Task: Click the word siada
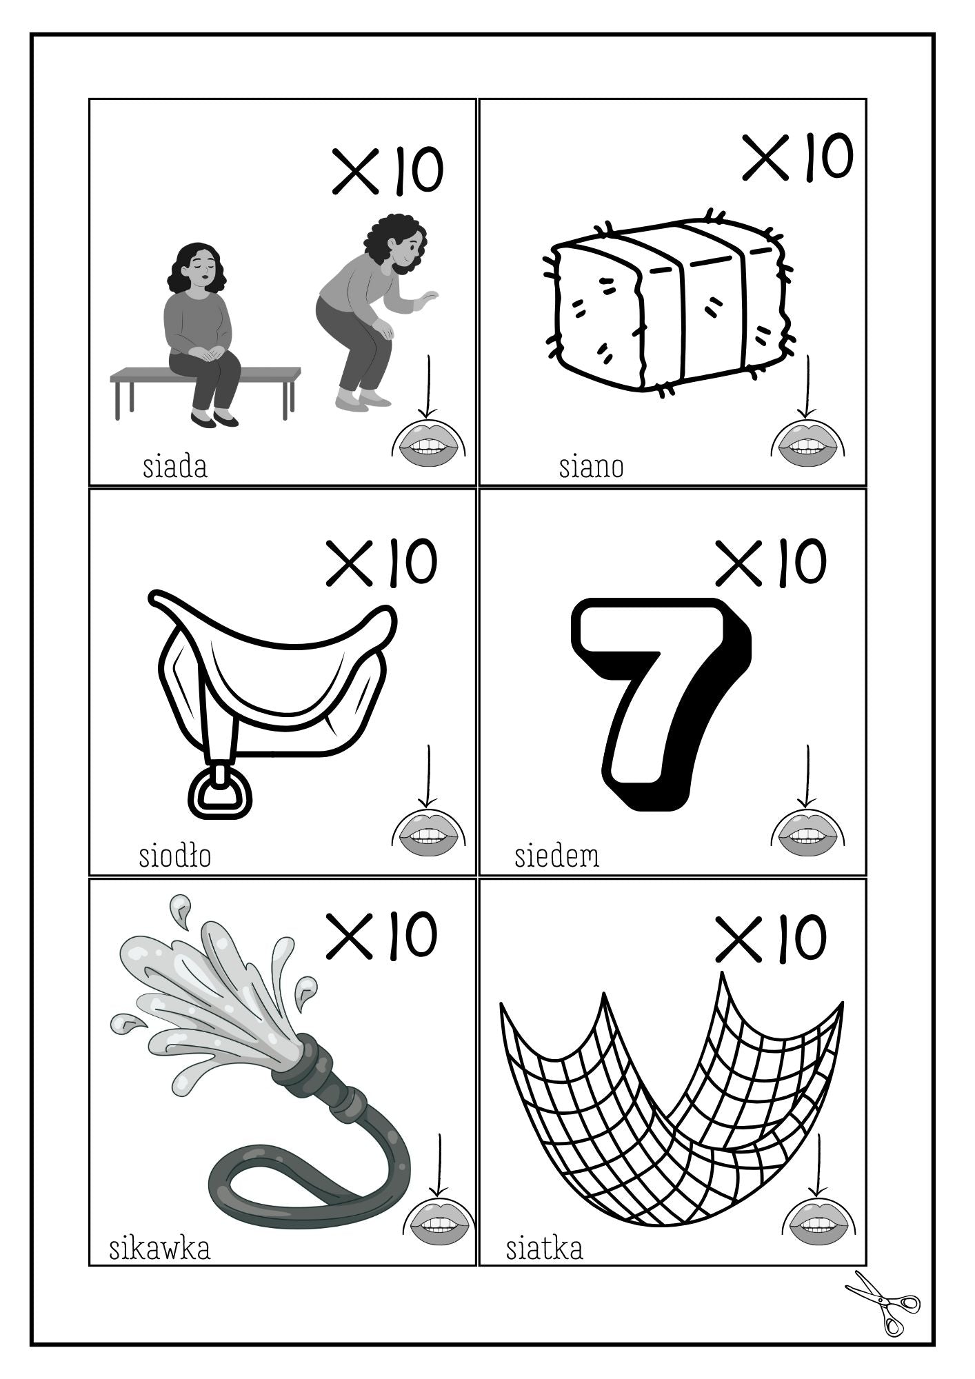point(174,467)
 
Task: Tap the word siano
point(591,467)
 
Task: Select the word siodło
point(174,856)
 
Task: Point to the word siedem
point(557,856)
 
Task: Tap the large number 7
point(661,703)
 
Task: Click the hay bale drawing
point(669,303)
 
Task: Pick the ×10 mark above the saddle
point(381,563)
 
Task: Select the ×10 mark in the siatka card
point(770,938)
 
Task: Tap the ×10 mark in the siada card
point(388,170)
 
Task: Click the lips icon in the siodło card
point(429,833)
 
